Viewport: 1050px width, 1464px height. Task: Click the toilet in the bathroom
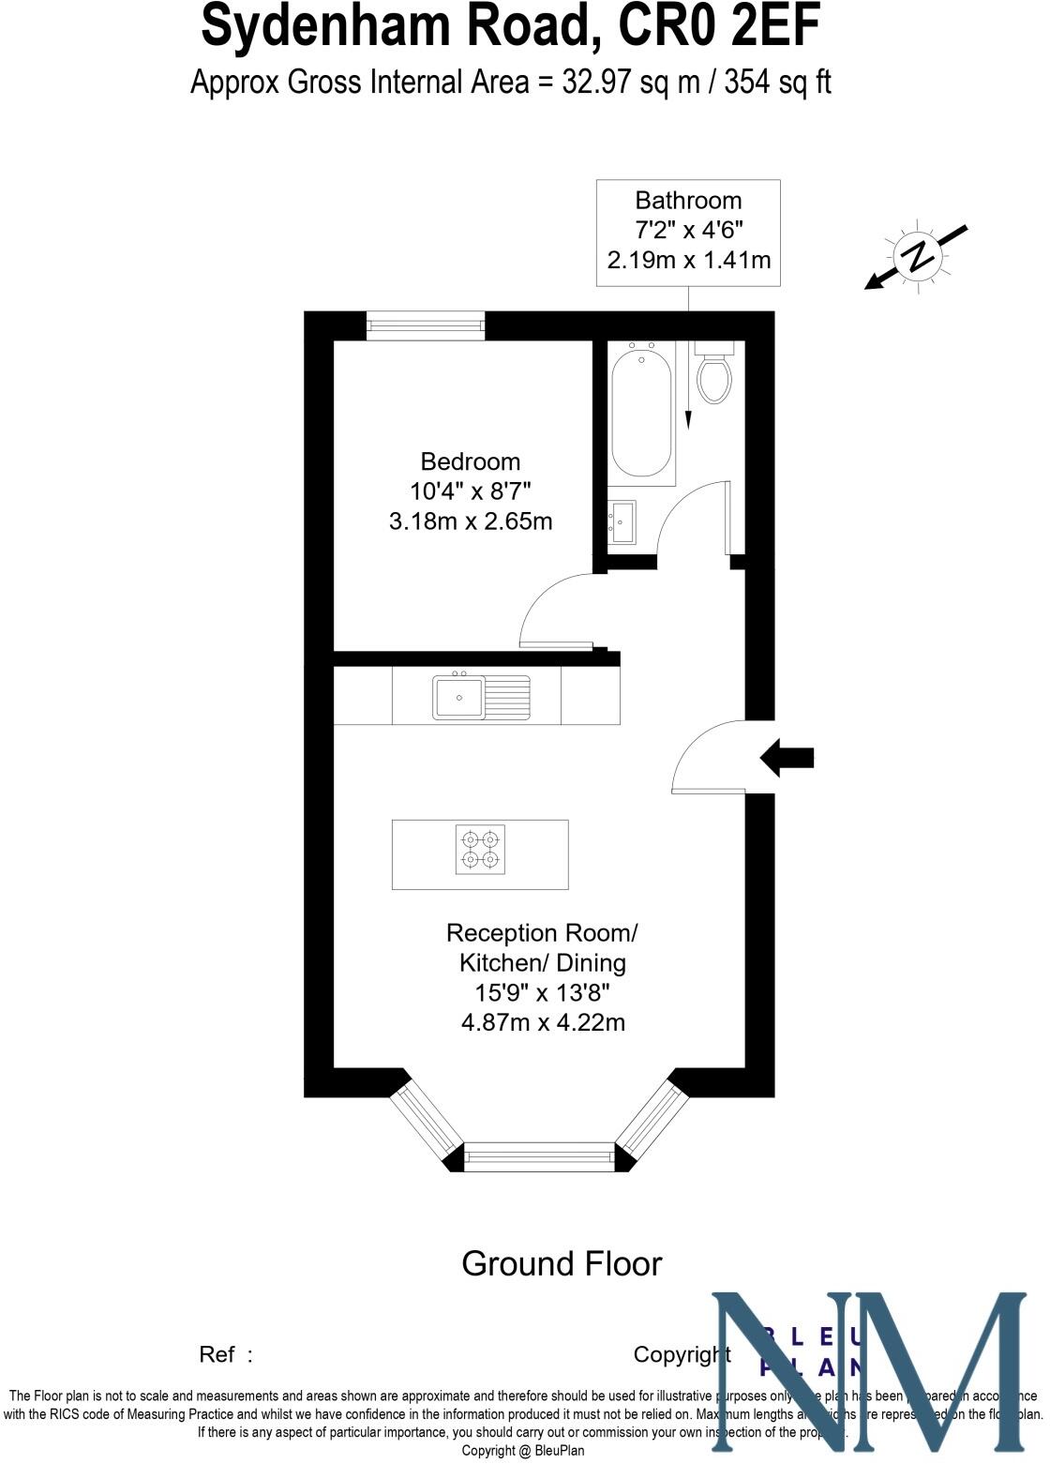(x=714, y=375)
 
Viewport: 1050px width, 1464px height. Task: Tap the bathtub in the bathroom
(x=642, y=413)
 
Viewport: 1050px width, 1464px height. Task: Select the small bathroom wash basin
(x=622, y=521)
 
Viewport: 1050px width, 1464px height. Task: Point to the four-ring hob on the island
(x=480, y=849)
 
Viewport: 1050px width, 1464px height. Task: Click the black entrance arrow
(x=787, y=758)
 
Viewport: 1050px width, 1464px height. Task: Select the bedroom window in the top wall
(x=426, y=325)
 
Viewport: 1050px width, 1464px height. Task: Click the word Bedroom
(x=470, y=461)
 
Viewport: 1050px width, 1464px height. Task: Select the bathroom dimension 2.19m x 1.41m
(x=689, y=260)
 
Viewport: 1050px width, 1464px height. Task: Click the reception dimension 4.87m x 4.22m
(x=543, y=1022)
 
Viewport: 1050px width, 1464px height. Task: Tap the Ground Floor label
(x=562, y=1263)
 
